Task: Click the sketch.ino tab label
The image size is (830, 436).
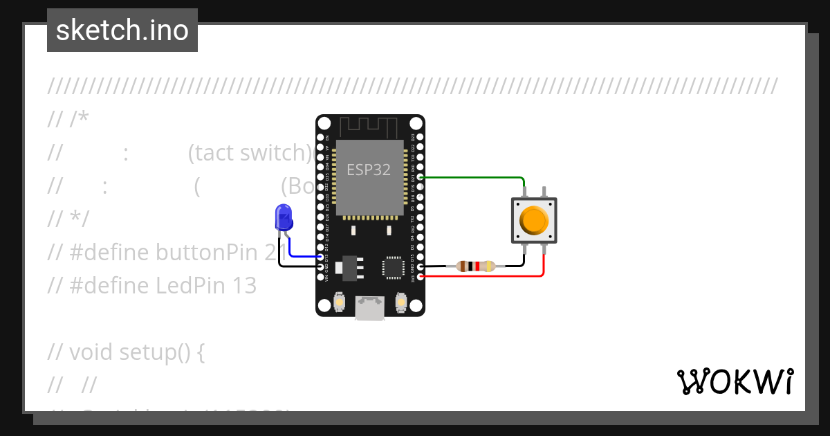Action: coord(122,30)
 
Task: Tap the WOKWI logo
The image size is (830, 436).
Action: coord(735,381)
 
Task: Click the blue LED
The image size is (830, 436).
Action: coord(283,217)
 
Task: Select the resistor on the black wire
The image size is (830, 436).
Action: coord(475,266)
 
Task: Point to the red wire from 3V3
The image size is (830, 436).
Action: coord(484,276)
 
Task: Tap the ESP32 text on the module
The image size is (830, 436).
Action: coord(369,170)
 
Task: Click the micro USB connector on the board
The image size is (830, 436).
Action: coord(370,308)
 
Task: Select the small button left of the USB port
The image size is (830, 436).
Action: coord(340,302)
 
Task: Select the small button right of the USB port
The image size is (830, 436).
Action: coord(400,302)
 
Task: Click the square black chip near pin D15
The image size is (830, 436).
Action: coord(393,267)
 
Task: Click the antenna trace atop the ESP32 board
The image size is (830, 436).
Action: coord(370,127)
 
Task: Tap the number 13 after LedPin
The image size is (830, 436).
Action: coord(244,285)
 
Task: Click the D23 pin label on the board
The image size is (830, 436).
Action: coord(413,137)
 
